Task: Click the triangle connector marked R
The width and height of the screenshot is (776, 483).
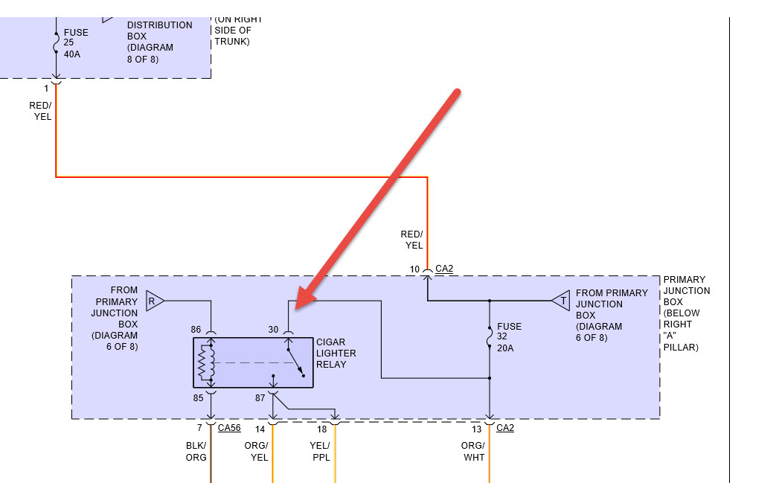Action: click(x=154, y=301)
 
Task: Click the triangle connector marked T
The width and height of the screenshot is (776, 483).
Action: click(x=561, y=301)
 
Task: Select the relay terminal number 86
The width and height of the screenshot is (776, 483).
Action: click(x=196, y=328)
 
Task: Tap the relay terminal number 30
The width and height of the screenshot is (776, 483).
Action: click(x=273, y=328)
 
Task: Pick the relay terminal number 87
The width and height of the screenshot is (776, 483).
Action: click(x=260, y=398)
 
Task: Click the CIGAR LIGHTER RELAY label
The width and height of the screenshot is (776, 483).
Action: click(x=336, y=353)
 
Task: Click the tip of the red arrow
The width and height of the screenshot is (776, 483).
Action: click(x=298, y=307)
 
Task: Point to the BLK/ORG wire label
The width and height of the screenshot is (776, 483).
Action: click(x=196, y=452)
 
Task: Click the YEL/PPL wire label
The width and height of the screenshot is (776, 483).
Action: click(x=319, y=452)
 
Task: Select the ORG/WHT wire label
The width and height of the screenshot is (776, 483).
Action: click(x=473, y=452)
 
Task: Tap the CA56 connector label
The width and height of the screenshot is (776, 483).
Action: click(x=228, y=428)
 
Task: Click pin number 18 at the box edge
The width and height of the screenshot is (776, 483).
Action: click(x=321, y=429)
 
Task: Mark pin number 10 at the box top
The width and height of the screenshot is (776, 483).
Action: click(x=414, y=268)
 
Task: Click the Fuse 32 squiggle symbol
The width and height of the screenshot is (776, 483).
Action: click(x=490, y=338)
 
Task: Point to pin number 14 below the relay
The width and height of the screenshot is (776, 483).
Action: click(x=260, y=429)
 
